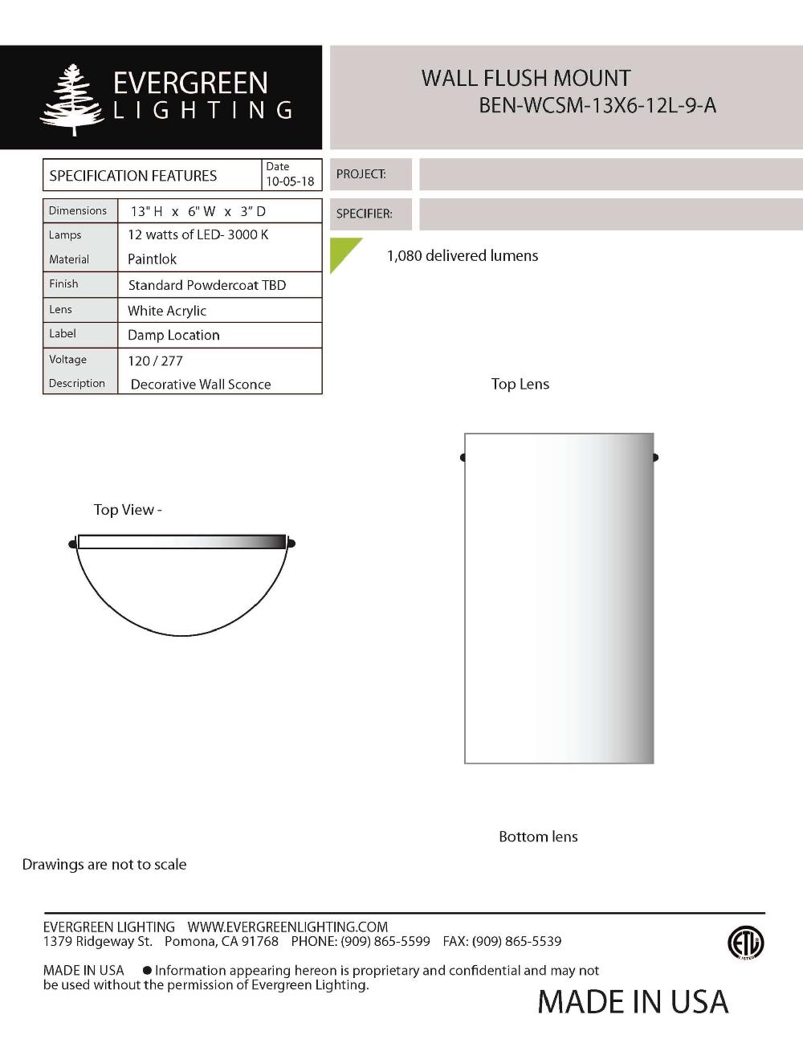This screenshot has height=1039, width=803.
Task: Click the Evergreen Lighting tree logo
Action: click(71, 100)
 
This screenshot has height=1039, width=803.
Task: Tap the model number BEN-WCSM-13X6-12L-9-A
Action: click(597, 105)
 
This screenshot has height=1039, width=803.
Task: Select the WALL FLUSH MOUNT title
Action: click(526, 79)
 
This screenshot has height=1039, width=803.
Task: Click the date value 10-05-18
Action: click(290, 181)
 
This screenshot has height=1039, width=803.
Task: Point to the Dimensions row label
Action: click(78, 210)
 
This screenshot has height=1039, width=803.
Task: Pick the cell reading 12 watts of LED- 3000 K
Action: click(198, 234)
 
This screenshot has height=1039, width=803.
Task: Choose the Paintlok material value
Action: click(152, 259)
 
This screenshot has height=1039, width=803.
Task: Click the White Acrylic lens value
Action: click(167, 311)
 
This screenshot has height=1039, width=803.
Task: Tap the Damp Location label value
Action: click(173, 335)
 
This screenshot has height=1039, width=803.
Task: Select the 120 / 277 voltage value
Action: click(155, 361)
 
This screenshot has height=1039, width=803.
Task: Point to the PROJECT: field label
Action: click(361, 174)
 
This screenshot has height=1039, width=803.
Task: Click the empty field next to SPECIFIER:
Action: click(610, 214)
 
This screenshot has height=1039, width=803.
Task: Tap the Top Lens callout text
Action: click(520, 384)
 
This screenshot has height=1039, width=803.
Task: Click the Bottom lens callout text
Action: click(538, 837)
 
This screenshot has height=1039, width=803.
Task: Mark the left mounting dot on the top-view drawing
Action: click(73, 544)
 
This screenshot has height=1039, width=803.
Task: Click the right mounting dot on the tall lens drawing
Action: click(655, 458)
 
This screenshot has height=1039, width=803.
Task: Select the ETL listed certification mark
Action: click(745, 943)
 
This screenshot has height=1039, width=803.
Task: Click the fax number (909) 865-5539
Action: click(516, 941)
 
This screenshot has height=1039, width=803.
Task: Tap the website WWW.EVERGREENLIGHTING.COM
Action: click(287, 927)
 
